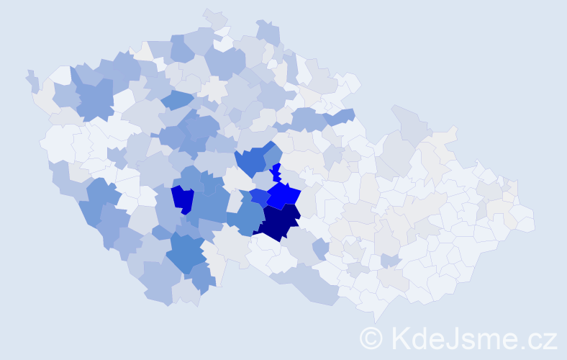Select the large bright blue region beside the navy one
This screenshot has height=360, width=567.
coord(285,194)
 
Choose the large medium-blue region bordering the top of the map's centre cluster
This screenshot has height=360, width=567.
coord(253,161)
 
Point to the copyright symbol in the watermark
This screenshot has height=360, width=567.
coord(371,338)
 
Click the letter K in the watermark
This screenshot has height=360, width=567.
coord(400,338)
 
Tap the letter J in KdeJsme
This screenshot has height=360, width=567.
coord(452,338)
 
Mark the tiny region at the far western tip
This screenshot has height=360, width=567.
coord(32,80)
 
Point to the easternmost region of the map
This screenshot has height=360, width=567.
coord(525,220)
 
